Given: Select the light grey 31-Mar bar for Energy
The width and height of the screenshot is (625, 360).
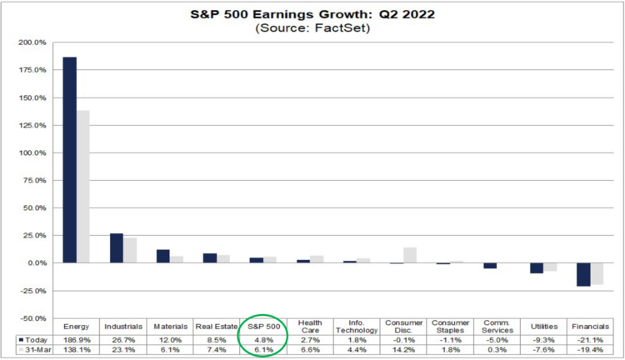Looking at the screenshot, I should click(83, 187).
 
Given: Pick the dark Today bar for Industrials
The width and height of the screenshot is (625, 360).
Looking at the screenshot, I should click(117, 248).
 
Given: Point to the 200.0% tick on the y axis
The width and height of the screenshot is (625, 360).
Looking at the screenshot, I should click(34, 42).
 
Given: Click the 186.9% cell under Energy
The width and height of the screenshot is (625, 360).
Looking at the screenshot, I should click(75, 339).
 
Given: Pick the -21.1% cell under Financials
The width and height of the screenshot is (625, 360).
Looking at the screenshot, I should click(589, 339).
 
